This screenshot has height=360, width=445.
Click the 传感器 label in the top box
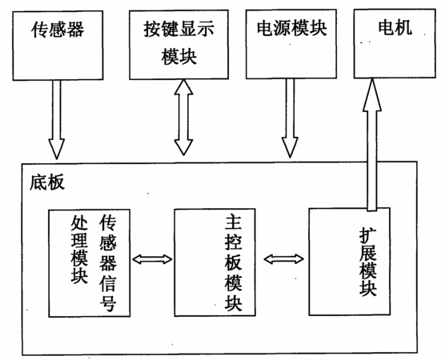[x=58, y=30]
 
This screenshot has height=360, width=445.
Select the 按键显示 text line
[x=178, y=29]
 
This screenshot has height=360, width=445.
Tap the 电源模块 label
[x=292, y=28]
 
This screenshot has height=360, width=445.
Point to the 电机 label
[x=395, y=27]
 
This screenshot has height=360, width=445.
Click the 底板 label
[x=47, y=182]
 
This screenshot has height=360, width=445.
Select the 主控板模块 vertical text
[x=233, y=262]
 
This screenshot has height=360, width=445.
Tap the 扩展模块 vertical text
[x=368, y=262]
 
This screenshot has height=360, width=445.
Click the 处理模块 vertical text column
[x=79, y=249]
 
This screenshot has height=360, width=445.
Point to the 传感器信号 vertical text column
[x=108, y=262]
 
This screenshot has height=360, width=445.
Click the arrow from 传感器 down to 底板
[x=57, y=120]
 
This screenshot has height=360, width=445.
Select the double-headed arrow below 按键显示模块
[x=183, y=118]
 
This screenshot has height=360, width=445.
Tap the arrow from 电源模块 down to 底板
[x=290, y=118]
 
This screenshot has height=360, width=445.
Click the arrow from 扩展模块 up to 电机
[x=372, y=145]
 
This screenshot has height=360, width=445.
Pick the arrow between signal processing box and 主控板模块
[x=152, y=259]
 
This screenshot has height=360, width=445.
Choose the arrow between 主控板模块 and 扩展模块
[x=284, y=258]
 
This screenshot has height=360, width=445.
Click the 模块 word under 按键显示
[x=179, y=57]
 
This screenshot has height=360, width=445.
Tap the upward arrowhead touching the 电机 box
[x=372, y=94]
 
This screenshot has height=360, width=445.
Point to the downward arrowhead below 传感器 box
[x=57, y=149]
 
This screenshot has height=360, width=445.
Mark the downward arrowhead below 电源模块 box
[x=290, y=147]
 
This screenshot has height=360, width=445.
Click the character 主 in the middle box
[x=233, y=222]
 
